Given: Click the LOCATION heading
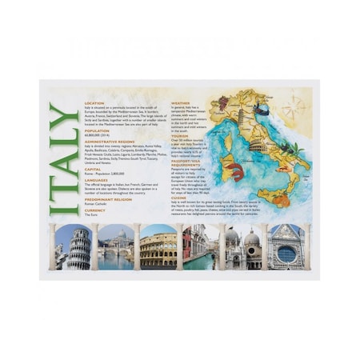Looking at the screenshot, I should (95, 102).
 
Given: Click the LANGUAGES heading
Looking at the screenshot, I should (97, 181).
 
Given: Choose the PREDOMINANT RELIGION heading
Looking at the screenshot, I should (107, 199).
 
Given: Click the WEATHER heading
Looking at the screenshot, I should (181, 102).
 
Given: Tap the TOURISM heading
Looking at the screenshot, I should (180, 135).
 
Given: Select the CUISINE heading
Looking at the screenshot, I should (179, 198).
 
